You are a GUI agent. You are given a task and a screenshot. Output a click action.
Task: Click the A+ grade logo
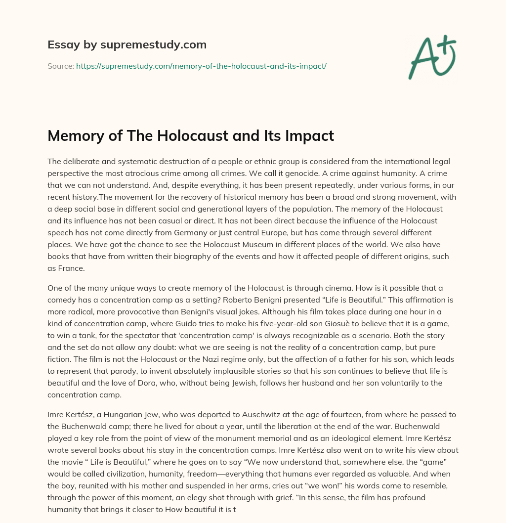click(431, 57)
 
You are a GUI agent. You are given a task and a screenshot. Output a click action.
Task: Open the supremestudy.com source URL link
click(201, 66)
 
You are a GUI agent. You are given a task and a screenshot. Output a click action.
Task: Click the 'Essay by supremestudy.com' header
click(126, 45)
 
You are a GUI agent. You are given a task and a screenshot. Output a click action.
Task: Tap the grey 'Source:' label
click(61, 66)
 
